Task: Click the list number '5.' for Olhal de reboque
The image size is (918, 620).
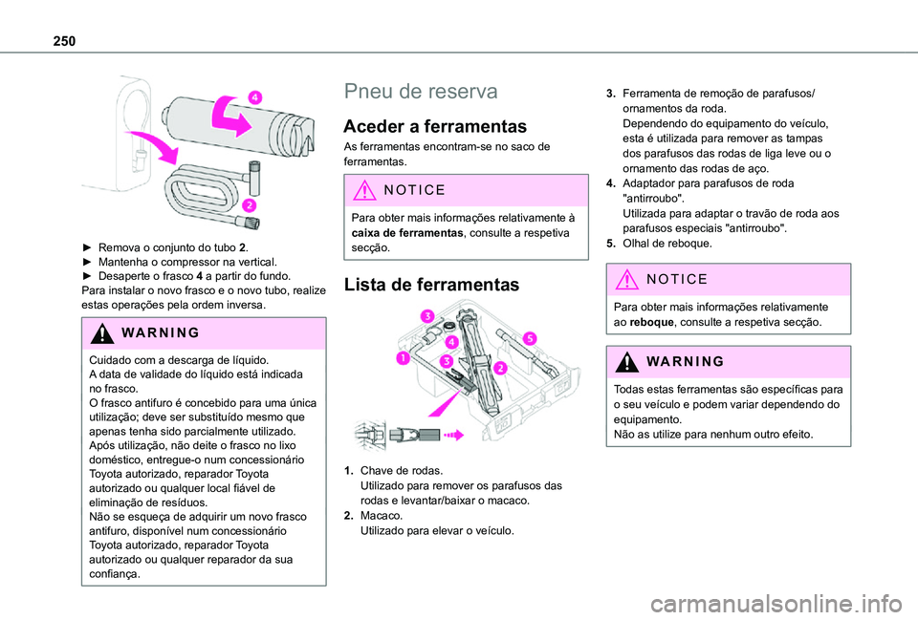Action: pos(611,243)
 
